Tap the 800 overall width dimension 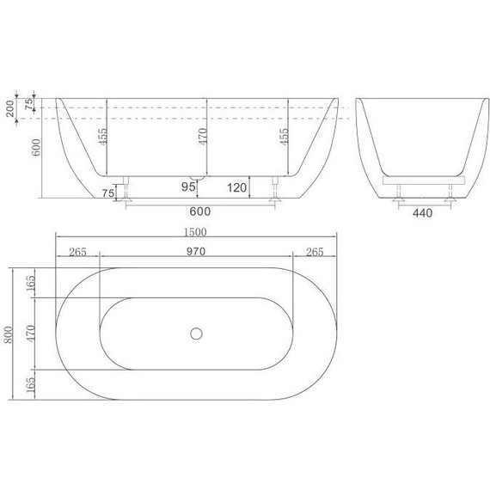tap(9, 334)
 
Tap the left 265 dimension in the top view tap(78, 252)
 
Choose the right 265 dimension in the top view tap(315, 252)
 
